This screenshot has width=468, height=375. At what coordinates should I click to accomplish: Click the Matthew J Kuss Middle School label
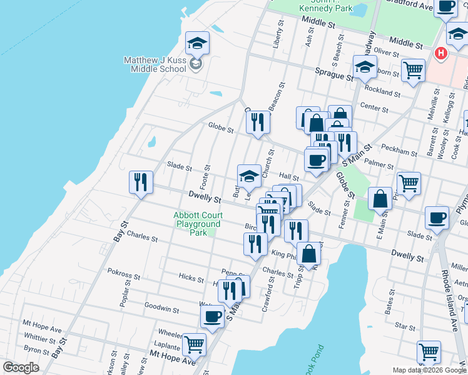155,64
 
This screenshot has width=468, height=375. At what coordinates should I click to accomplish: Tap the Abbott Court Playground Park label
198,224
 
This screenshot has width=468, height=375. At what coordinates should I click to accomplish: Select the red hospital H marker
440,54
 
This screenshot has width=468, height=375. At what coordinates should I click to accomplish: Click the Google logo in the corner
21,367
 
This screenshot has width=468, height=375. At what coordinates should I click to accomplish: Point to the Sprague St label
334,76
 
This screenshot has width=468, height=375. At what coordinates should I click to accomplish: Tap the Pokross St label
123,274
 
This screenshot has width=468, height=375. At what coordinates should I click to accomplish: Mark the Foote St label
205,177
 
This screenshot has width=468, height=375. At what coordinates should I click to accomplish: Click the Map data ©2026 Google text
429,369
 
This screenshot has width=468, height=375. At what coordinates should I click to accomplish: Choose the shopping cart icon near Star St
429,352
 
